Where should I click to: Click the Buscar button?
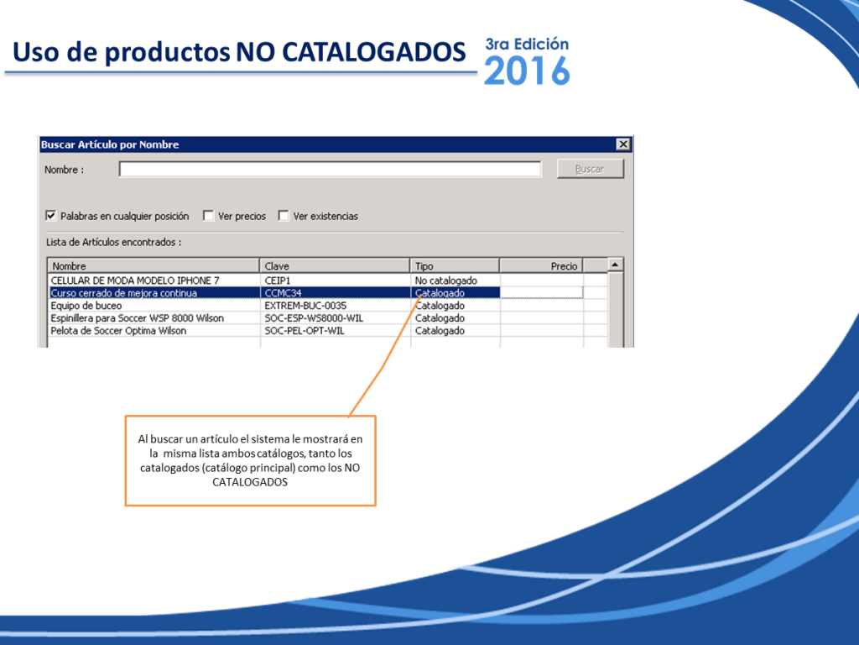[590, 169]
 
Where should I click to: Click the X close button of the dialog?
[623, 144]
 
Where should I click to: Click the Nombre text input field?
[330, 169]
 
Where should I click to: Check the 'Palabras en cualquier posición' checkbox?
[51, 216]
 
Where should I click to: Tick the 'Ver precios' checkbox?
[208, 216]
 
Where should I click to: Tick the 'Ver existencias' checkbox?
[284, 216]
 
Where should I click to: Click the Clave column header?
[334, 266]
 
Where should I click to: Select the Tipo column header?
[455, 266]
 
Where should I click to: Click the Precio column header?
[541, 266]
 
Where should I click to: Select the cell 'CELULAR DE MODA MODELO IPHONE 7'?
[135, 281]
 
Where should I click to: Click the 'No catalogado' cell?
[446, 281]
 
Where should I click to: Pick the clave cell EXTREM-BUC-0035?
[305, 306]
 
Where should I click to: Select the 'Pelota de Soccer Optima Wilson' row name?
[118, 331]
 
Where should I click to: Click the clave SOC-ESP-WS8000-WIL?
[314, 318]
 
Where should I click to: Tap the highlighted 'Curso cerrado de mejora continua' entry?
[124, 293]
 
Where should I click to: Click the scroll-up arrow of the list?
[615, 265]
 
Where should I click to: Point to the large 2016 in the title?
[527, 71]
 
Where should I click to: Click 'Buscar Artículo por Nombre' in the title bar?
[110, 144]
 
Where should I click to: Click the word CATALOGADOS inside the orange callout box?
[250, 482]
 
